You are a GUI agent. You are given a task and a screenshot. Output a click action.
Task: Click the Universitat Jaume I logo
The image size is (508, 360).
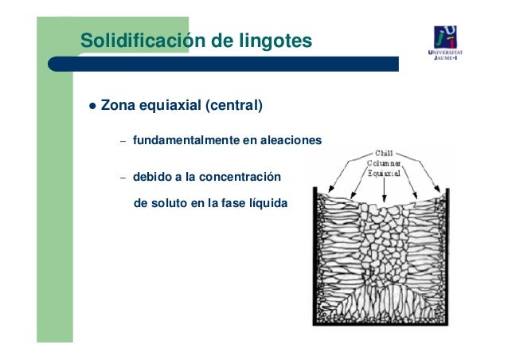click(x=446, y=42)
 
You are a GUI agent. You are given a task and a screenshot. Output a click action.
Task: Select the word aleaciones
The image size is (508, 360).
click(x=291, y=141)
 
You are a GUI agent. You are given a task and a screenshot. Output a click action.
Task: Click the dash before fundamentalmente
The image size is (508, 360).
click(x=123, y=142)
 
